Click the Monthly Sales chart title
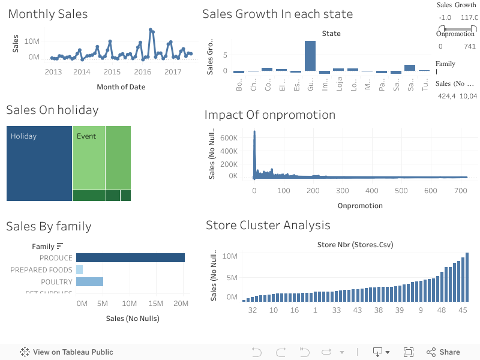[47, 14]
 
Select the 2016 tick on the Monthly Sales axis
[143, 72]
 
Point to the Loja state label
[339, 85]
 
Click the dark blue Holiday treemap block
[39, 163]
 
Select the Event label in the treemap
[86, 136]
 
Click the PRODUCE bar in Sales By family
[130, 257]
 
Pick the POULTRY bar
[89, 281]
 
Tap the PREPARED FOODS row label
[41, 270]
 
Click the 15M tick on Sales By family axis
[155, 304]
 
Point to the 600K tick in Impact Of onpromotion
[230, 137]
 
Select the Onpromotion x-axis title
[360, 205]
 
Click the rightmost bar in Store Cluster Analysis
[467, 277]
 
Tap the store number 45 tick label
[463, 310]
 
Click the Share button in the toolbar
[443, 352]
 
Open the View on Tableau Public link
[67, 352]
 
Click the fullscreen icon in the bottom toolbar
[409, 352]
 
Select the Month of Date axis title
[121, 87]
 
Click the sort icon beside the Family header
[60, 246]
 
